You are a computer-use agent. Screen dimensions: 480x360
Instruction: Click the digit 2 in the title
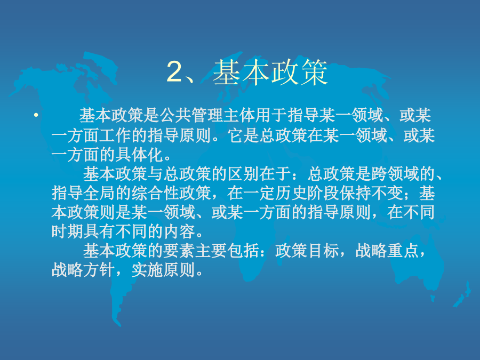174,72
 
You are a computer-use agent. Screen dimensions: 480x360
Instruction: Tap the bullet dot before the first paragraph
36,115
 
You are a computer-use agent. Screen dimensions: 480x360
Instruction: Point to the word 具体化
139,155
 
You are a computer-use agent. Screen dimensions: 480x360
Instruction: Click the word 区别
243,174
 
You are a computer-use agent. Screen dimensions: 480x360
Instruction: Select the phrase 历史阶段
307,193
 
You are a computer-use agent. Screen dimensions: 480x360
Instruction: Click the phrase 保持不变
371,193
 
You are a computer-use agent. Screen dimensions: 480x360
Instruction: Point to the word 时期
67,231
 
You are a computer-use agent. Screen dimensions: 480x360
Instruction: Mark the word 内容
179,231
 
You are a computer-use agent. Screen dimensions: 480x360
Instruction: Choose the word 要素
179,251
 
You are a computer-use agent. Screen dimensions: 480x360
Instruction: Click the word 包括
243,251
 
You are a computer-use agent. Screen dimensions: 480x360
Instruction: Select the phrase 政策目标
307,251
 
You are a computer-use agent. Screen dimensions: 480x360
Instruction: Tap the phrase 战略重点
387,251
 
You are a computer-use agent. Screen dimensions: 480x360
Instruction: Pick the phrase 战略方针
83,270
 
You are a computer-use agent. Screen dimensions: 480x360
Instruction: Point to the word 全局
99,193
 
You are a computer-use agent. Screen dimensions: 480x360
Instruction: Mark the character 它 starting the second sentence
235,135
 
